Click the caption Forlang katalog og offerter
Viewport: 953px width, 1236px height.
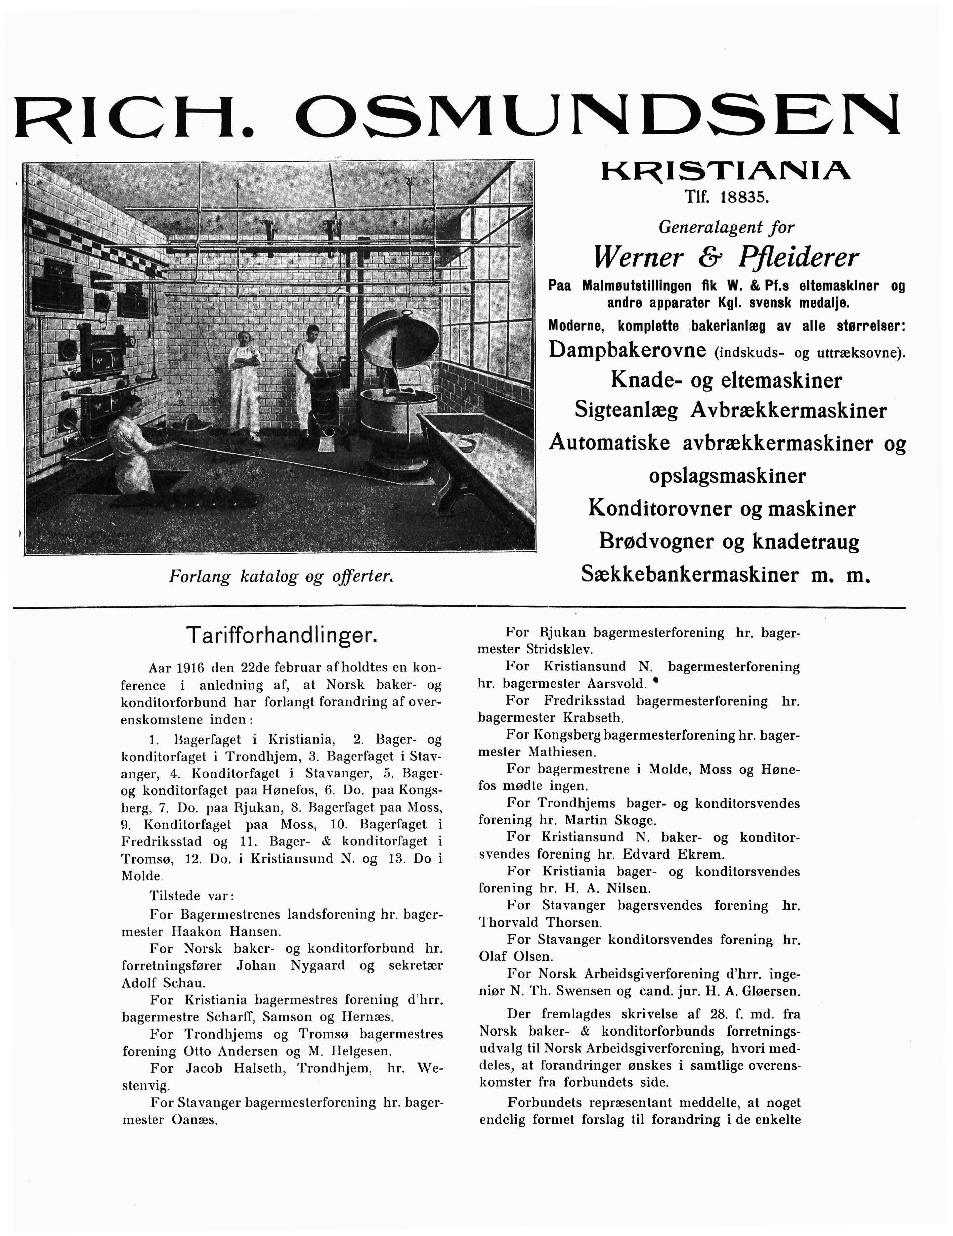click(280, 577)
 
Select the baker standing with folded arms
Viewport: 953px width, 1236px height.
click(244, 385)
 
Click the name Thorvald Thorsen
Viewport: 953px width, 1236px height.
click(540, 923)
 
